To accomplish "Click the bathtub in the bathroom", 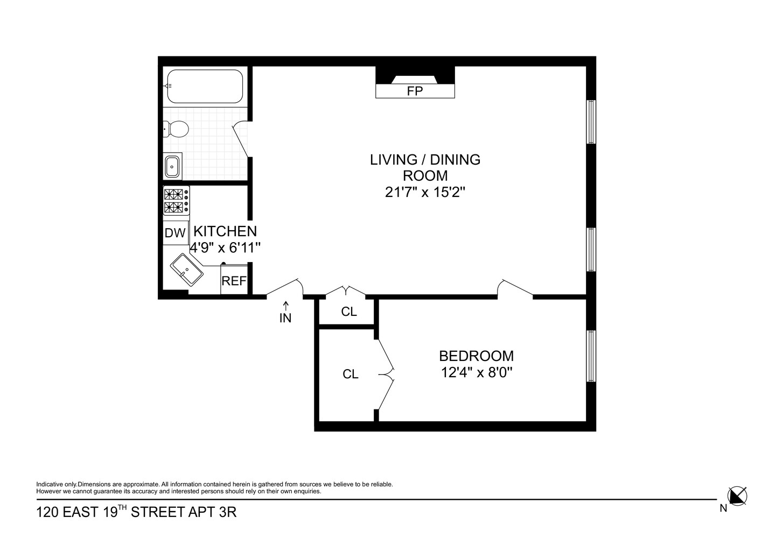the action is [205, 86].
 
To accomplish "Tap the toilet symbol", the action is [176, 129].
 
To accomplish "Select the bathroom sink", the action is [172, 166].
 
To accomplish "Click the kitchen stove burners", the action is [176, 201].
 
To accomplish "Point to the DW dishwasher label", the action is [175, 233].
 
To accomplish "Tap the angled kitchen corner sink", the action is [186, 270].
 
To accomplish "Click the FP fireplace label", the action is [415, 91].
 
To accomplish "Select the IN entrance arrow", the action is [286, 306].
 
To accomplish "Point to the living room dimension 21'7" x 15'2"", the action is [425, 193].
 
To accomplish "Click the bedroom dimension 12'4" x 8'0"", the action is [477, 373].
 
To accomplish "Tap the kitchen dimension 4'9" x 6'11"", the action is [225, 247].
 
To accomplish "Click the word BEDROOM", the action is [476, 356].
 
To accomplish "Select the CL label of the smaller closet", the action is [349, 312].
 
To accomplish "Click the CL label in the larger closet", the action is [351, 374].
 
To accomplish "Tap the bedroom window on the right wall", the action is [591, 356].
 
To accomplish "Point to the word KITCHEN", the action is [225, 231].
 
